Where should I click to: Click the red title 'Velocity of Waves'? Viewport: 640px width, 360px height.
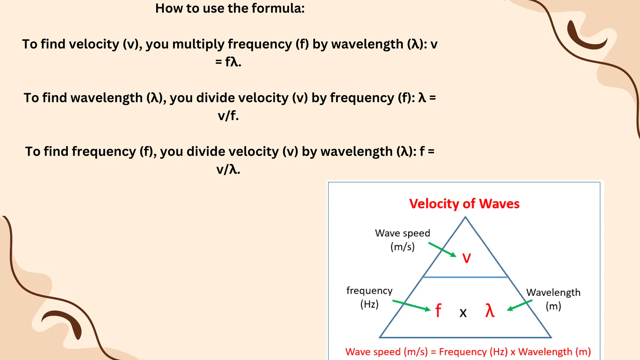click(464, 204)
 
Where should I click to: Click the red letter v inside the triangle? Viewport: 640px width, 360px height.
click(466, 258)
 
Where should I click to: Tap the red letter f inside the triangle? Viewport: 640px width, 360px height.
click(438, 311)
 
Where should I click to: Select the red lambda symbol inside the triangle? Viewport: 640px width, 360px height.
click(490, 311)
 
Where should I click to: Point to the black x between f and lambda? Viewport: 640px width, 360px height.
click(463, 312)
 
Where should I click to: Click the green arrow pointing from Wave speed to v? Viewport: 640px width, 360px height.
click(442, 249)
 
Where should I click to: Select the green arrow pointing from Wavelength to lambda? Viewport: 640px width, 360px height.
click(519, 305)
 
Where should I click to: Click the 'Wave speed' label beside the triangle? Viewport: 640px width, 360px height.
click(402, 233)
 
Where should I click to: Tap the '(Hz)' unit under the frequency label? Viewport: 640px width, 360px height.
click(369, 304)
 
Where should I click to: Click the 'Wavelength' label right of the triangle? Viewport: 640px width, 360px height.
click(553, 292)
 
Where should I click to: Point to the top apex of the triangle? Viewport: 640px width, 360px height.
click(465, 217)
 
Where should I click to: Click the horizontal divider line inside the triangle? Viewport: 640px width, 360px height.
click(465, 277)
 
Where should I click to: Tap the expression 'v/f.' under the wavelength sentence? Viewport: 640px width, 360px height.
click(228, 116)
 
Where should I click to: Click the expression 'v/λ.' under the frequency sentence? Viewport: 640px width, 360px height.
click(228, 170)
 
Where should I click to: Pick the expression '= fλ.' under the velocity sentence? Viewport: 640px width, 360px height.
click(228, 62)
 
